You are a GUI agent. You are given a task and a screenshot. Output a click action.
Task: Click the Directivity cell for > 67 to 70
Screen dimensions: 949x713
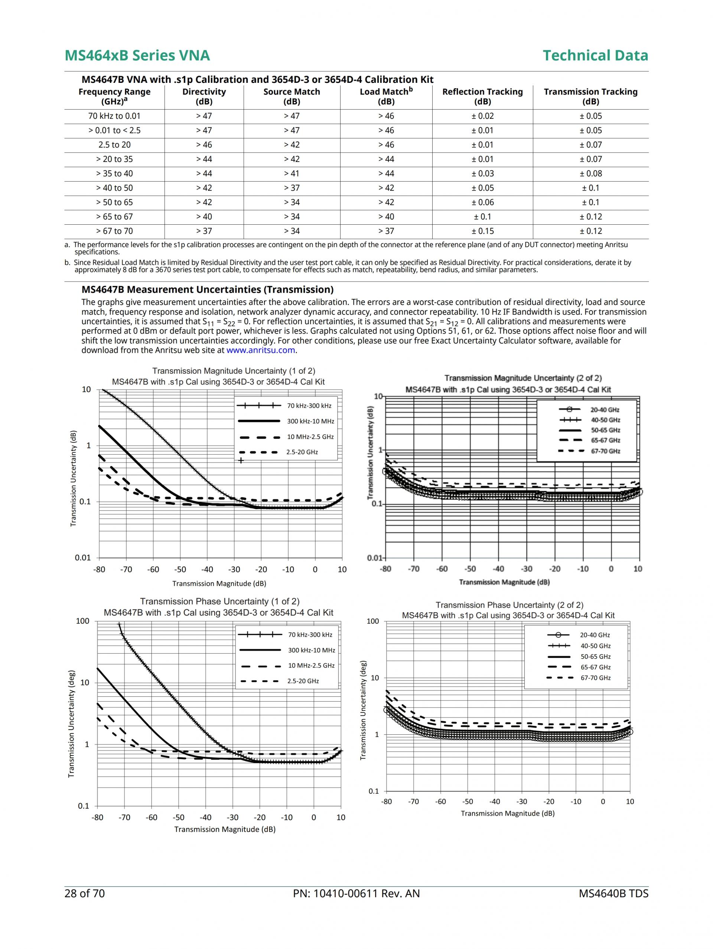204,231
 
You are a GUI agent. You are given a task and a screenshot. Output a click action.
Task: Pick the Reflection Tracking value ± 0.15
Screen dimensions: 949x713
482,231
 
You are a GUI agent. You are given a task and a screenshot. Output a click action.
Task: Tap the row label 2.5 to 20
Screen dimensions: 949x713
114,144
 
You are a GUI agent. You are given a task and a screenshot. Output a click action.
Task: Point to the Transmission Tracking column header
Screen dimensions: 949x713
590,97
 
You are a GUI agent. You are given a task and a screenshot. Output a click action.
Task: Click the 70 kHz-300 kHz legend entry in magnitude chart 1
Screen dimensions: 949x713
309,406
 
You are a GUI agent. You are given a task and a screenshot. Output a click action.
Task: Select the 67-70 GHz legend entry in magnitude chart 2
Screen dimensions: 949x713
605,451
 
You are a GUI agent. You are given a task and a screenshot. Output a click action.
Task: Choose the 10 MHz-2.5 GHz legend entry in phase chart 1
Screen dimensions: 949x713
311,666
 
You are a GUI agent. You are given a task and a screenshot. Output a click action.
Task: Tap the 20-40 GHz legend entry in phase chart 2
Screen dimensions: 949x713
595,635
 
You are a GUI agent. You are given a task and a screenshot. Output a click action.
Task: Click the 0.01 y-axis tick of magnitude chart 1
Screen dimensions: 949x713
83,558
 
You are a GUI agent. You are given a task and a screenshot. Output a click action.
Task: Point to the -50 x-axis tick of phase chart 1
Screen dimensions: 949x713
179,817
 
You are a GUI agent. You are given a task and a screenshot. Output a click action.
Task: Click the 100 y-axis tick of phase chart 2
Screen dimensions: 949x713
373,621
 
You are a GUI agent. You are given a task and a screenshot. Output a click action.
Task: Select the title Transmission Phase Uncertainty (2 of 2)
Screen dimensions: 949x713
509,605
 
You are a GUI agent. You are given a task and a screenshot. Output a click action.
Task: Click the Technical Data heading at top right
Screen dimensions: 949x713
595,55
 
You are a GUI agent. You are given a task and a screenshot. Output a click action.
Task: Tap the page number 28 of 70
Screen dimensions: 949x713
85,893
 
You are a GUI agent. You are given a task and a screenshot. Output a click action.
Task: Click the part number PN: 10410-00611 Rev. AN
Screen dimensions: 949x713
356,893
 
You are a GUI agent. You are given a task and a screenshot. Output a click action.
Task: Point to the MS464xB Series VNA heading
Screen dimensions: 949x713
137,55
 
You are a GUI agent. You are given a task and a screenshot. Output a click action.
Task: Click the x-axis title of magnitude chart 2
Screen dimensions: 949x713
504,582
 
